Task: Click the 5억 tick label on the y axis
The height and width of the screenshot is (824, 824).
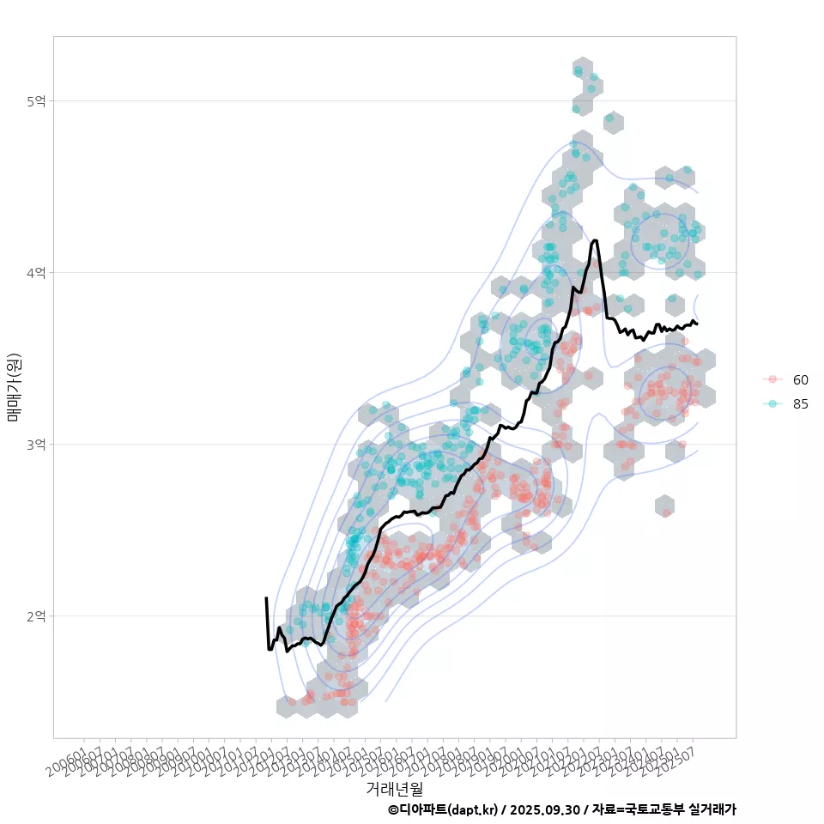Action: click(x=36, y=101)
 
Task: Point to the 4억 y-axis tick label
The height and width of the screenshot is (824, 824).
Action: click(x=36, y=273)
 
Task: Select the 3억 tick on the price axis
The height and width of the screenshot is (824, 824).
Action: click(x=36, y=445)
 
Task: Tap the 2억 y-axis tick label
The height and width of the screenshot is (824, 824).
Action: click(x=36, y=616)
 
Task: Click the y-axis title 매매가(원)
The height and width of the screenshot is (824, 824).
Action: click(x=14, y=387)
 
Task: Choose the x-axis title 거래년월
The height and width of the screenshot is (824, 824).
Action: click(x=394, y=788)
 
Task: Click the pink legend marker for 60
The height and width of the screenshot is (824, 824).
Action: click(x=772, y=379)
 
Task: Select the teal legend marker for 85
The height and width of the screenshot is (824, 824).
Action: click(x=772, y=403)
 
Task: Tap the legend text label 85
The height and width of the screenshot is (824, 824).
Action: click(x=801, y=403)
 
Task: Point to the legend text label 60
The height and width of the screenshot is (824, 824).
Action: click(x=801, y=379)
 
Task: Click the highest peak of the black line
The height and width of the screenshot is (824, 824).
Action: click(x=595, y=241)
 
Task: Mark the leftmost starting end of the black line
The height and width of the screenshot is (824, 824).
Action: click(x=266, y=598)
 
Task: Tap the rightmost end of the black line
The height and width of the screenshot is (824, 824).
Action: click(x=697, y=324)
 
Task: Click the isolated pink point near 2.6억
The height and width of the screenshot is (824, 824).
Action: click(x=666, y=512)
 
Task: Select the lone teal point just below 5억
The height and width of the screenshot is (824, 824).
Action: click(x=609, y=118)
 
